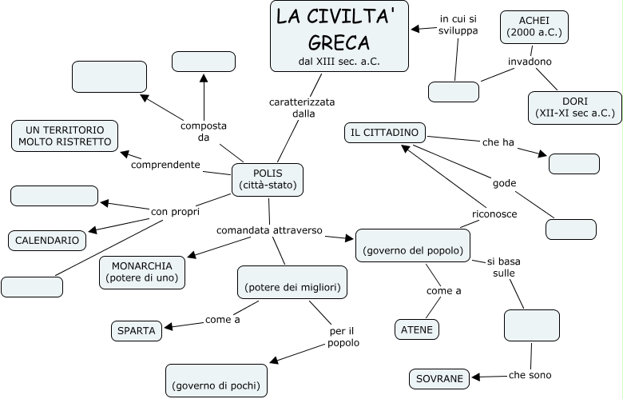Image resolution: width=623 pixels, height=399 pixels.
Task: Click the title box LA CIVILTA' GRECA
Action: [339, 36]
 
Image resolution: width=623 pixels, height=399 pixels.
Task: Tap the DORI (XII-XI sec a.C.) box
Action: [574, 108]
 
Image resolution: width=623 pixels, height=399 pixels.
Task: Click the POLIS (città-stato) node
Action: [268, 180]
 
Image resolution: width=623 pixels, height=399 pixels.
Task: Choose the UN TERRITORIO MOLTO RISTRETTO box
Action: [65, 136]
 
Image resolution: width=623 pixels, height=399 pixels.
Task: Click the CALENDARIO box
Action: [47, 240]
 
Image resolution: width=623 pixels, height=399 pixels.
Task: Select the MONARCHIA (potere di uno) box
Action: [142, 272]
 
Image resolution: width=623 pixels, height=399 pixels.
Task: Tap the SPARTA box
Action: [137, 329]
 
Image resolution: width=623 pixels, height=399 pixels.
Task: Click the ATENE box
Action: [417, 329]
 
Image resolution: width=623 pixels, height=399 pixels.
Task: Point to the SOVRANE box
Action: [440, 379]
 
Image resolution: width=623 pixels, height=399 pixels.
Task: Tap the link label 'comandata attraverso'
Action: [269, 230]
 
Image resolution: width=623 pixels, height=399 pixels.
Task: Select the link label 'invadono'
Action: [530, 62]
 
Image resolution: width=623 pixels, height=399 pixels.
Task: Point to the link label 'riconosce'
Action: [494, 214]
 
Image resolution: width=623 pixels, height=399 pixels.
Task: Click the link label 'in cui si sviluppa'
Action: [458, 25]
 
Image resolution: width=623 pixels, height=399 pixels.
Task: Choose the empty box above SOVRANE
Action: [531, 325]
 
